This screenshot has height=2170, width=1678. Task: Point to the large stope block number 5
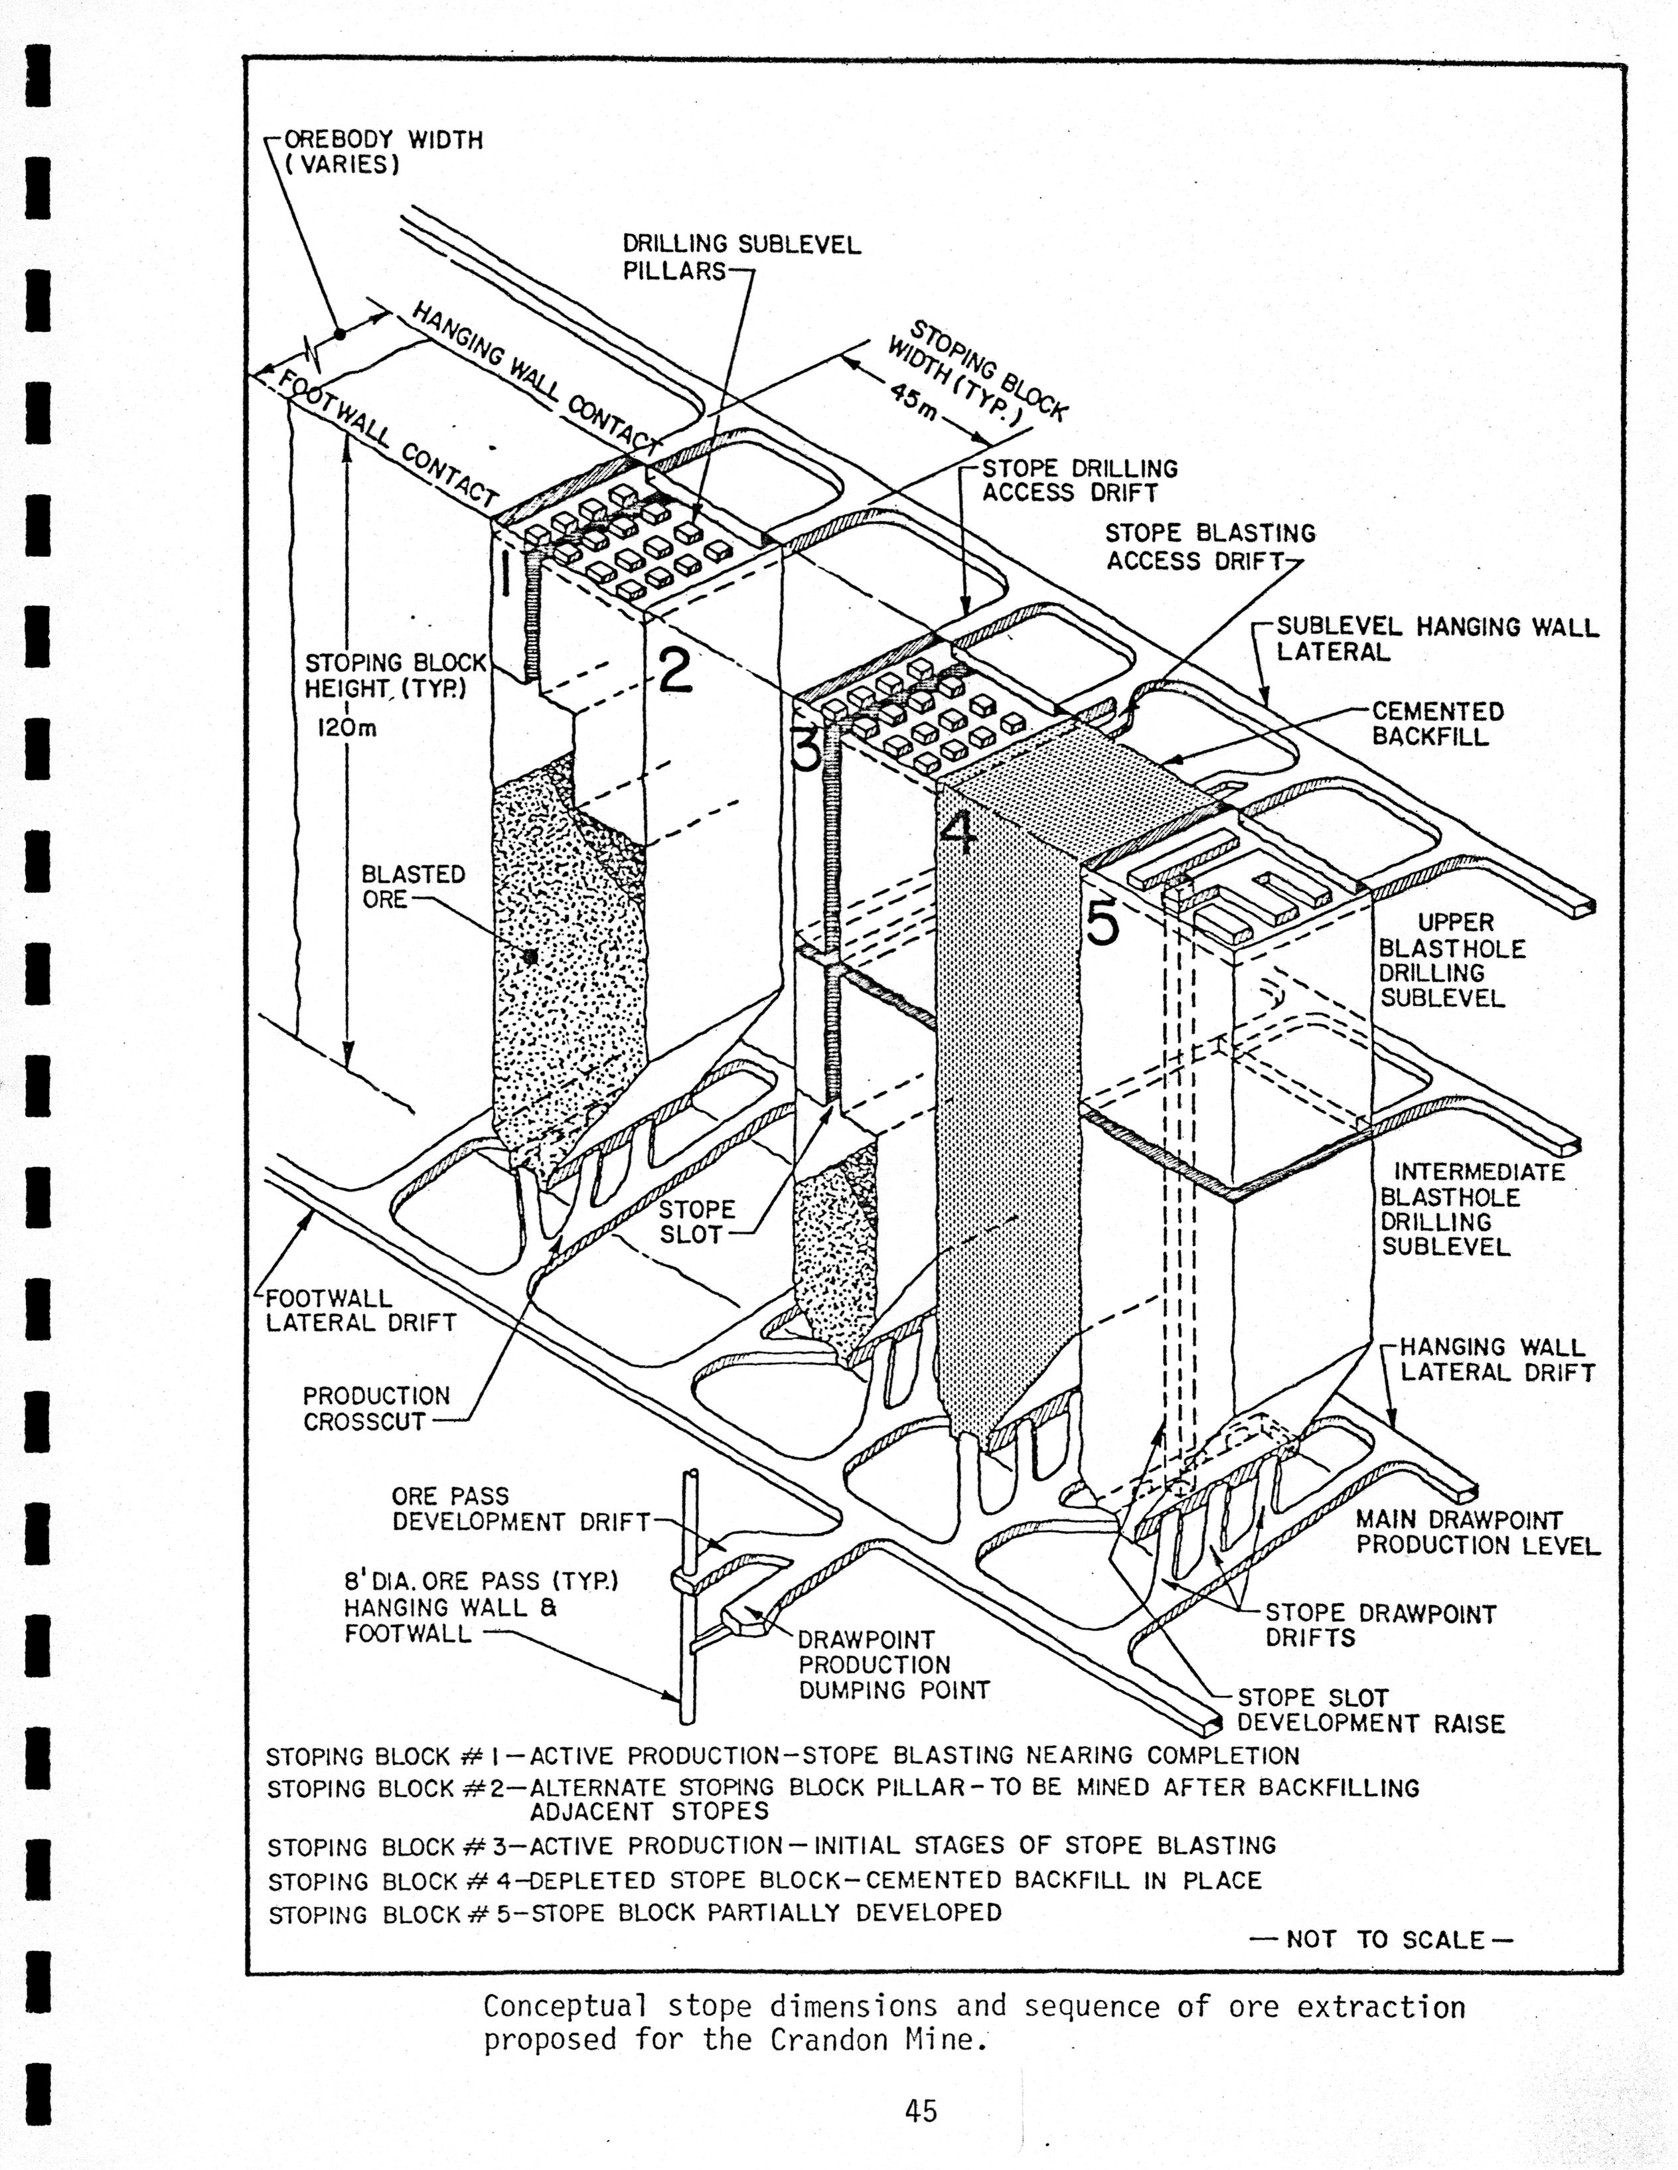click(x=1103, y=924)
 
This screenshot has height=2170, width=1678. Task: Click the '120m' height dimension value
click(x=346, y=728)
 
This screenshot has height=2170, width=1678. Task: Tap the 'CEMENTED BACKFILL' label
click(x=1438, y=724)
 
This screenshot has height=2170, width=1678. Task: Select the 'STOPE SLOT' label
click(x=696, y=1222)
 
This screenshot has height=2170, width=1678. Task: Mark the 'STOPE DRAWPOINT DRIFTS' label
click(x=1379, y=1626)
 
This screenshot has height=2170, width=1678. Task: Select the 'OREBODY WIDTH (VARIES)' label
click(x=382, y=152)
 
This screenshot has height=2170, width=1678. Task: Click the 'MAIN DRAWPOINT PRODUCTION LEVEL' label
click(x=1478, y=1532)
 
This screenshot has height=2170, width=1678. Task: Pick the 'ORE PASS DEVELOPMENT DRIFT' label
click(x=520, y=1508)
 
